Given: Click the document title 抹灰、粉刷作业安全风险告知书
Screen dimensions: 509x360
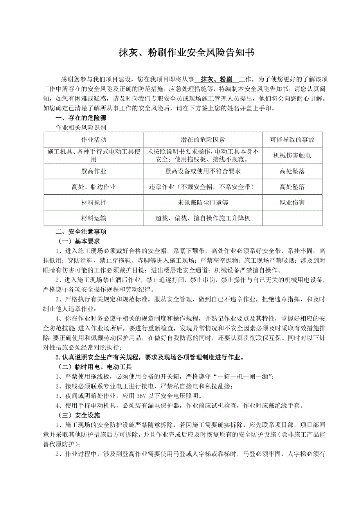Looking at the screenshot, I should tap(186, 53).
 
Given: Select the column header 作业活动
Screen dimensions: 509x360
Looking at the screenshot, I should tap(94, 140).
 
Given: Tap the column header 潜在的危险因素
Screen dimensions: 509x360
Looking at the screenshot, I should tap(203, 140).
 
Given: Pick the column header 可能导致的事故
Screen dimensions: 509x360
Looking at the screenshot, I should tap(292, 140).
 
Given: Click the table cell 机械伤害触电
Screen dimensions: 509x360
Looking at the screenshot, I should tap(292, 156).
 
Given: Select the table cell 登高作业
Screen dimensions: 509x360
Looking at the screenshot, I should tap(94, 171).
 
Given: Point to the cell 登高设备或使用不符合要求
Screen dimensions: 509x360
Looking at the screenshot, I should tap(203, 171).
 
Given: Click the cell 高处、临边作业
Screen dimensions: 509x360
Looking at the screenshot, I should tap(94, 187).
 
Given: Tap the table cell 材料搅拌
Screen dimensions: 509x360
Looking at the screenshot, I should tap(94, 203).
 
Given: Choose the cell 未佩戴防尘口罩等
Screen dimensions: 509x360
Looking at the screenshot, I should tap(203, 203).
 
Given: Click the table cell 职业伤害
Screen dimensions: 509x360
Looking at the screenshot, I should tap(292, 203).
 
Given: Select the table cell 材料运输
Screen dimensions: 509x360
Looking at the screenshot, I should tap(94, 218).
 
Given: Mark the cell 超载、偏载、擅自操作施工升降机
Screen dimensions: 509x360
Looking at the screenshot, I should tap(203, 218).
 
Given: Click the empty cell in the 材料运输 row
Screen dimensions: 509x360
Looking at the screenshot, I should tap(292, 218).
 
